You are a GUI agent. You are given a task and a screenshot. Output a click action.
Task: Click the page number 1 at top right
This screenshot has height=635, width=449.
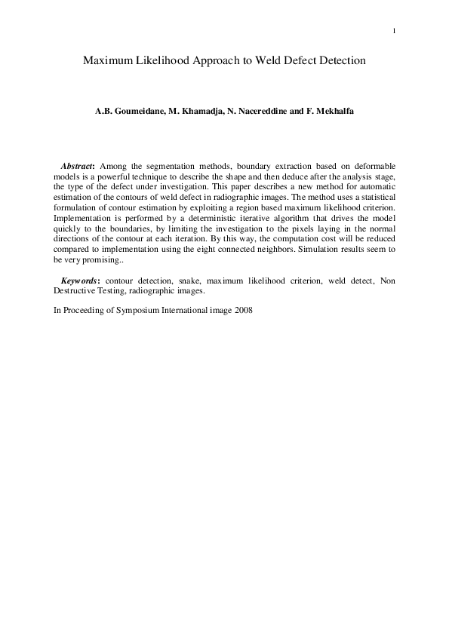tap(395, 31)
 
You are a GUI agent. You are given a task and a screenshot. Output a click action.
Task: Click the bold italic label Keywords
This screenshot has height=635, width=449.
tap(80, 281)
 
